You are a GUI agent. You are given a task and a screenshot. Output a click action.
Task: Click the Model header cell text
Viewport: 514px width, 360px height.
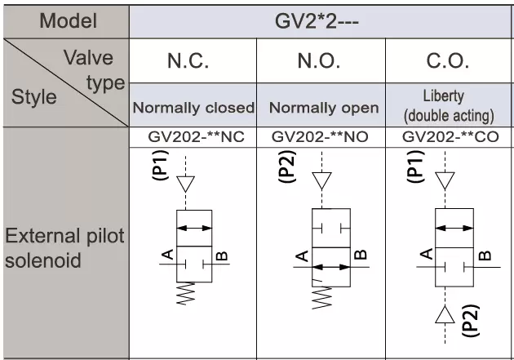[69, 21]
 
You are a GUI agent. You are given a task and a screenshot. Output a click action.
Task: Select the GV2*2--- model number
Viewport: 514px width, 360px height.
[317, 22]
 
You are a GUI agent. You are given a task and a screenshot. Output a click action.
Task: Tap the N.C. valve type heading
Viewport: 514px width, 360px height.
[188, 61]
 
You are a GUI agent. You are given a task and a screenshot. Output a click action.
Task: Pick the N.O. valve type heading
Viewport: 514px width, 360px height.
[319, 61]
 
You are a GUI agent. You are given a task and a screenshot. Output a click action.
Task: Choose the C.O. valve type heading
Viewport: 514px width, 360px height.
[447, 61]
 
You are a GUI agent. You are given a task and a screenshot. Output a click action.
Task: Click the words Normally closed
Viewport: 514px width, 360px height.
[193, 108]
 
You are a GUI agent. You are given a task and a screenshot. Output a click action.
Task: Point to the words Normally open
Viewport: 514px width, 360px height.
[324, 108]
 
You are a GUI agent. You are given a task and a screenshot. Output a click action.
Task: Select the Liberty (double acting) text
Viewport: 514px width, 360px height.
[449, 106]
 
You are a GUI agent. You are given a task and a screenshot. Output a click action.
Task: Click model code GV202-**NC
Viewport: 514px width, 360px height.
[196, 137]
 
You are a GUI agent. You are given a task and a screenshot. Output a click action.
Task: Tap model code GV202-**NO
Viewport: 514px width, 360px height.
[320, 137]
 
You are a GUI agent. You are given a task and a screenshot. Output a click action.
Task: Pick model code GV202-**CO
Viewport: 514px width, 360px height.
[450, 137]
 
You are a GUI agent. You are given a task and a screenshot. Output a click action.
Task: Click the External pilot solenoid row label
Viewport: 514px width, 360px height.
[64, 248]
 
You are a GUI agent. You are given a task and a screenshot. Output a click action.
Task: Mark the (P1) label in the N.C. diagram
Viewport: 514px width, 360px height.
[160, 165]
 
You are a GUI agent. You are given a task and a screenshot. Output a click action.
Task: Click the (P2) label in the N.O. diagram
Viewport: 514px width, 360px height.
[287, 167]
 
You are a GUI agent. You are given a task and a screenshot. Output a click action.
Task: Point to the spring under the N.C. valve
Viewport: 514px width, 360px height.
[186, 293]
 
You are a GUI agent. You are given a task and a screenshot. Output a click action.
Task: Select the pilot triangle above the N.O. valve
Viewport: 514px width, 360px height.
[321, 180]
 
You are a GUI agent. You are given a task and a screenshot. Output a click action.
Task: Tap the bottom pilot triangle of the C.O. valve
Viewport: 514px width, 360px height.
[445, 314]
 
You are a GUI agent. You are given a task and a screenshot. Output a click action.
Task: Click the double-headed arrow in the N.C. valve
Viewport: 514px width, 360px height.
[194, 228]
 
